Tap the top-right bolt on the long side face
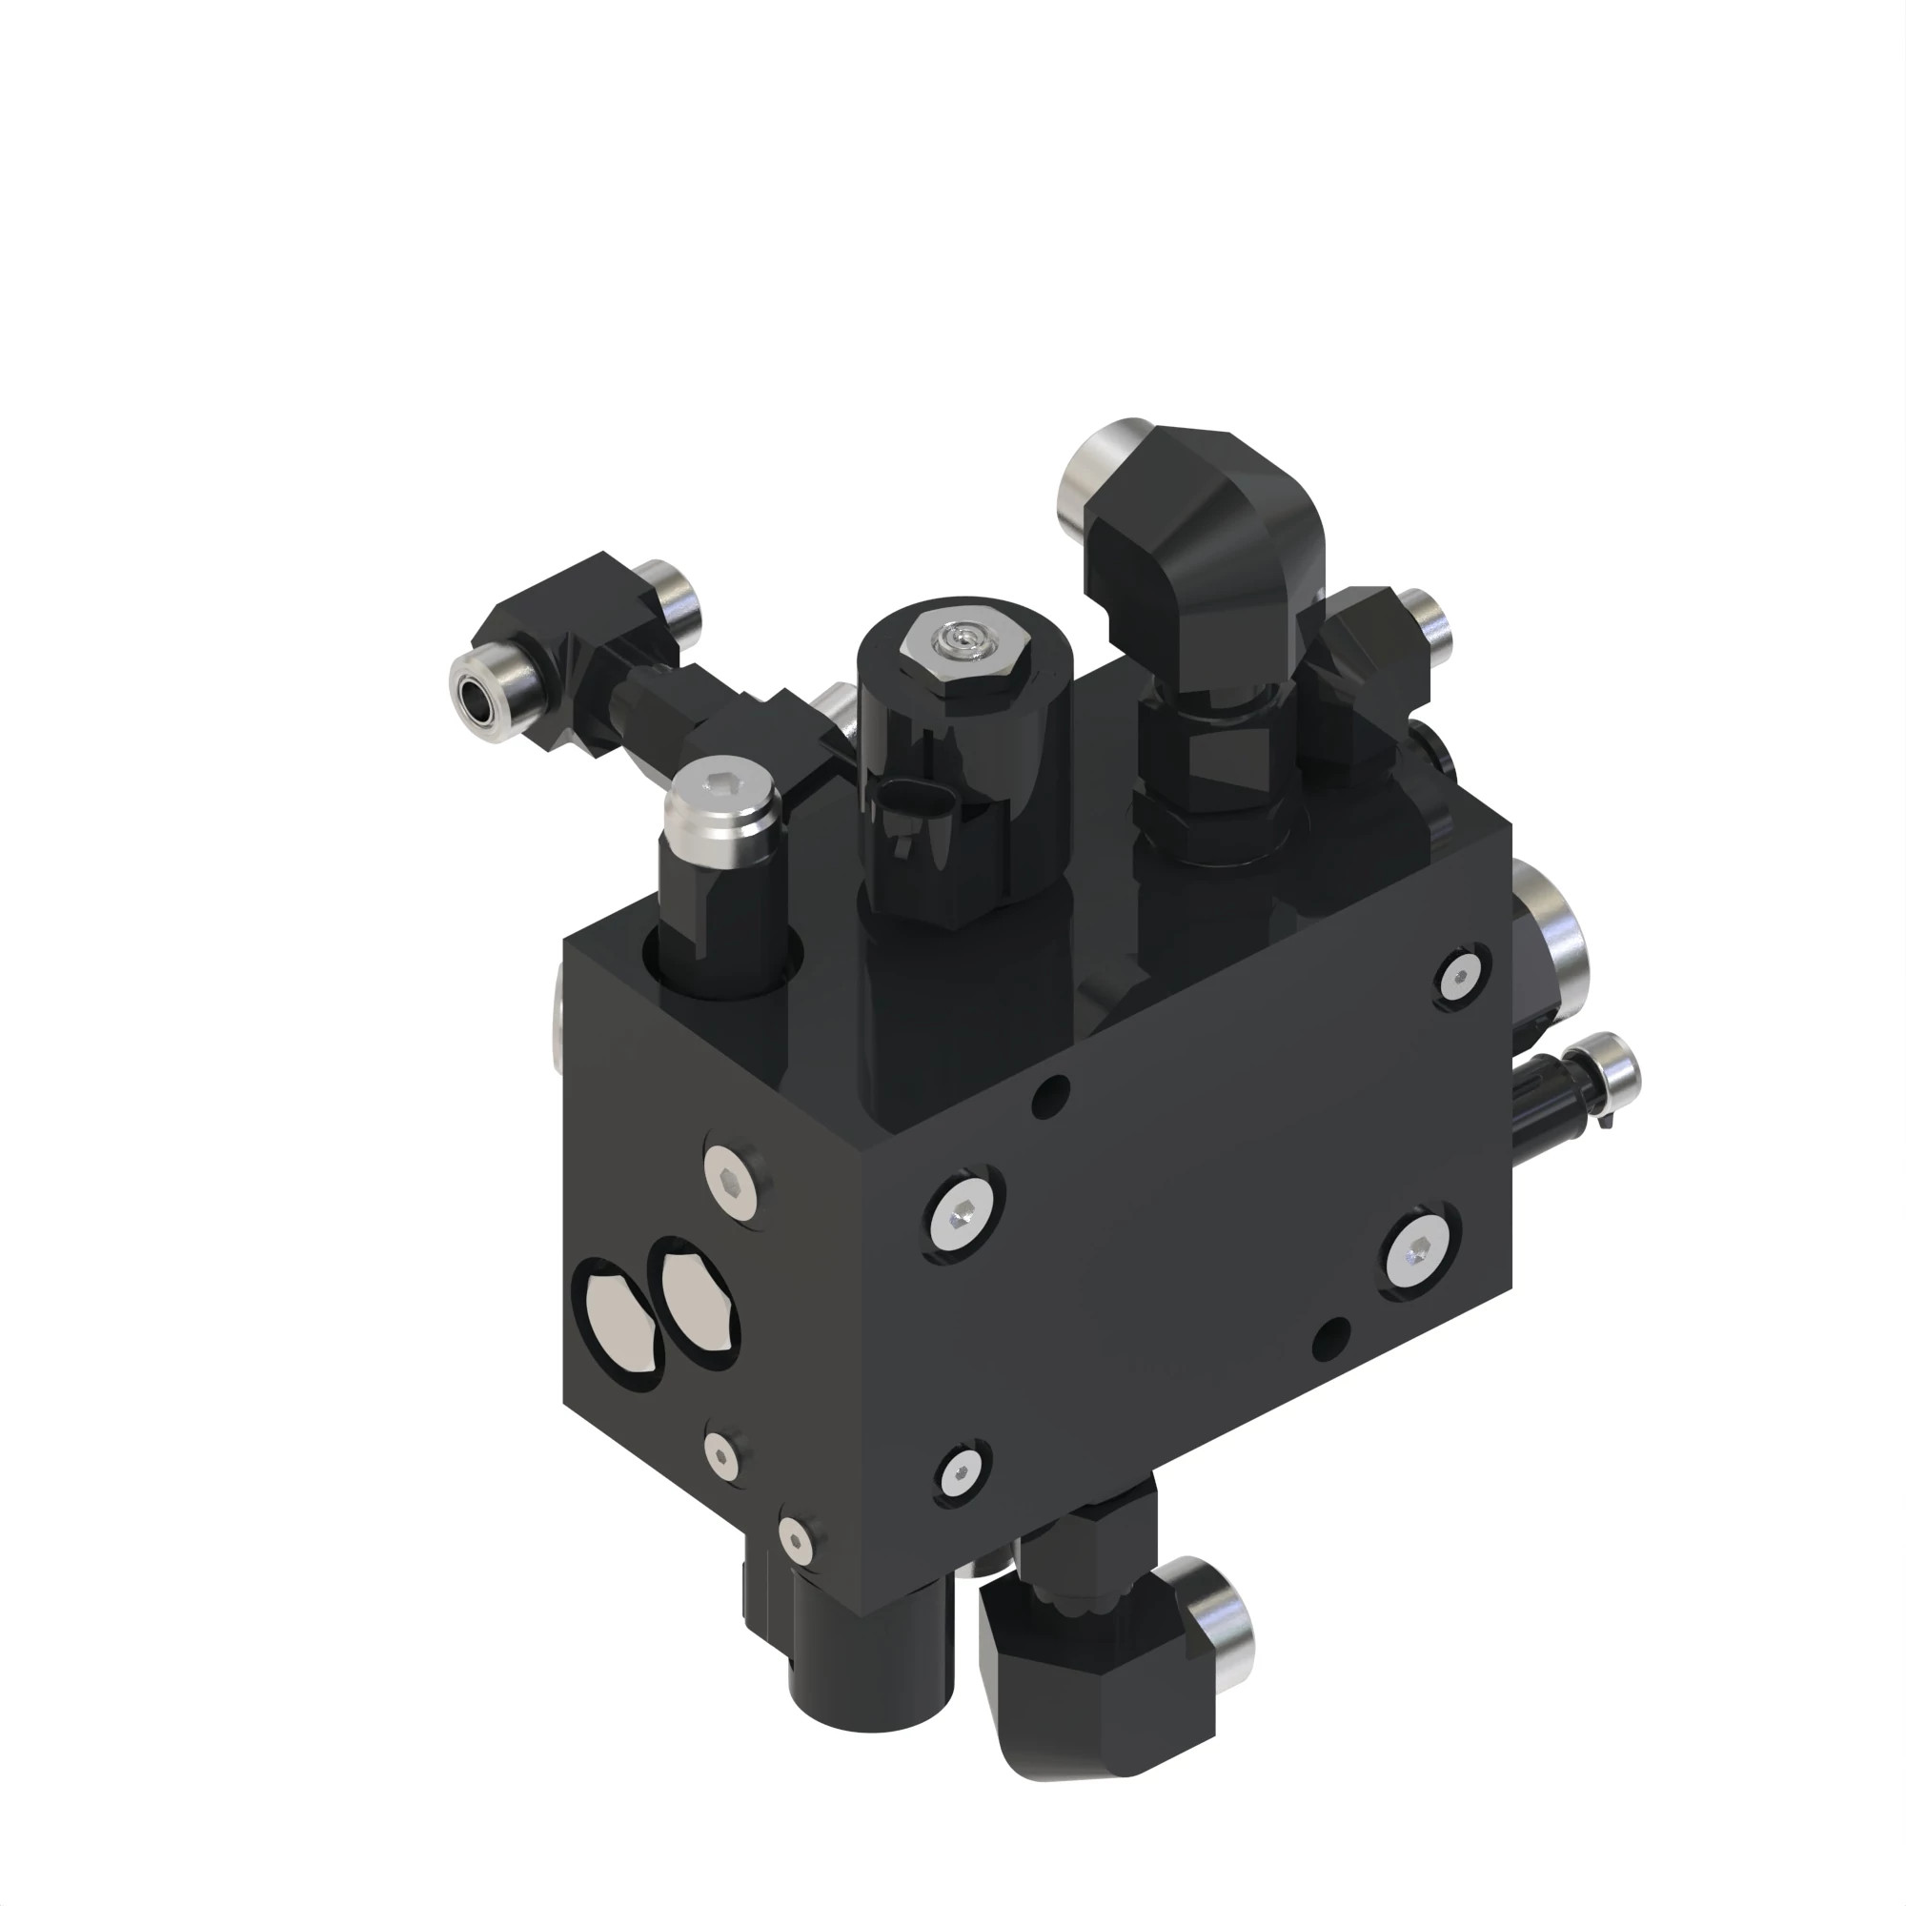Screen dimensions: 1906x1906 (1458, 978)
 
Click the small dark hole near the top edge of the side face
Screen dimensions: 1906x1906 (1052, 1091)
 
